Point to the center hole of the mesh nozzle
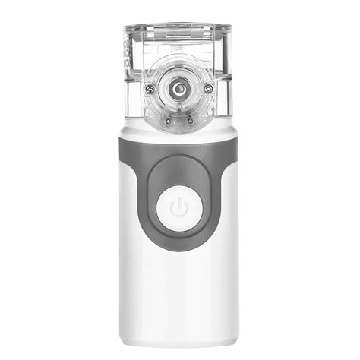point(179,89)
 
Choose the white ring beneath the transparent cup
point(179,131)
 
